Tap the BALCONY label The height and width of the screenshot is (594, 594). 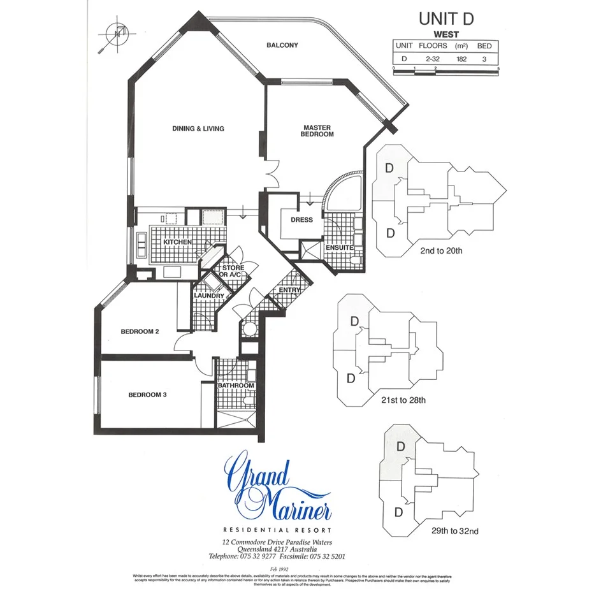282,45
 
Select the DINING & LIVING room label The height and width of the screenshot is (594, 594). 198,129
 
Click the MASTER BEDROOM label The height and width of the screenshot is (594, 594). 317,131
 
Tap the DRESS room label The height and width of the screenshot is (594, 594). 301,220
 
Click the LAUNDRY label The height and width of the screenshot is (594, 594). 209,296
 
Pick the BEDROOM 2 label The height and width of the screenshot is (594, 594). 140,331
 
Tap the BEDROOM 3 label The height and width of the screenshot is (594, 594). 147,395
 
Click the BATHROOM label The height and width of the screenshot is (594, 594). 236,386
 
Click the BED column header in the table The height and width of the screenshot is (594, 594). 484,46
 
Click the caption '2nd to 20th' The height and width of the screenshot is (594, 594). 441,251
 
